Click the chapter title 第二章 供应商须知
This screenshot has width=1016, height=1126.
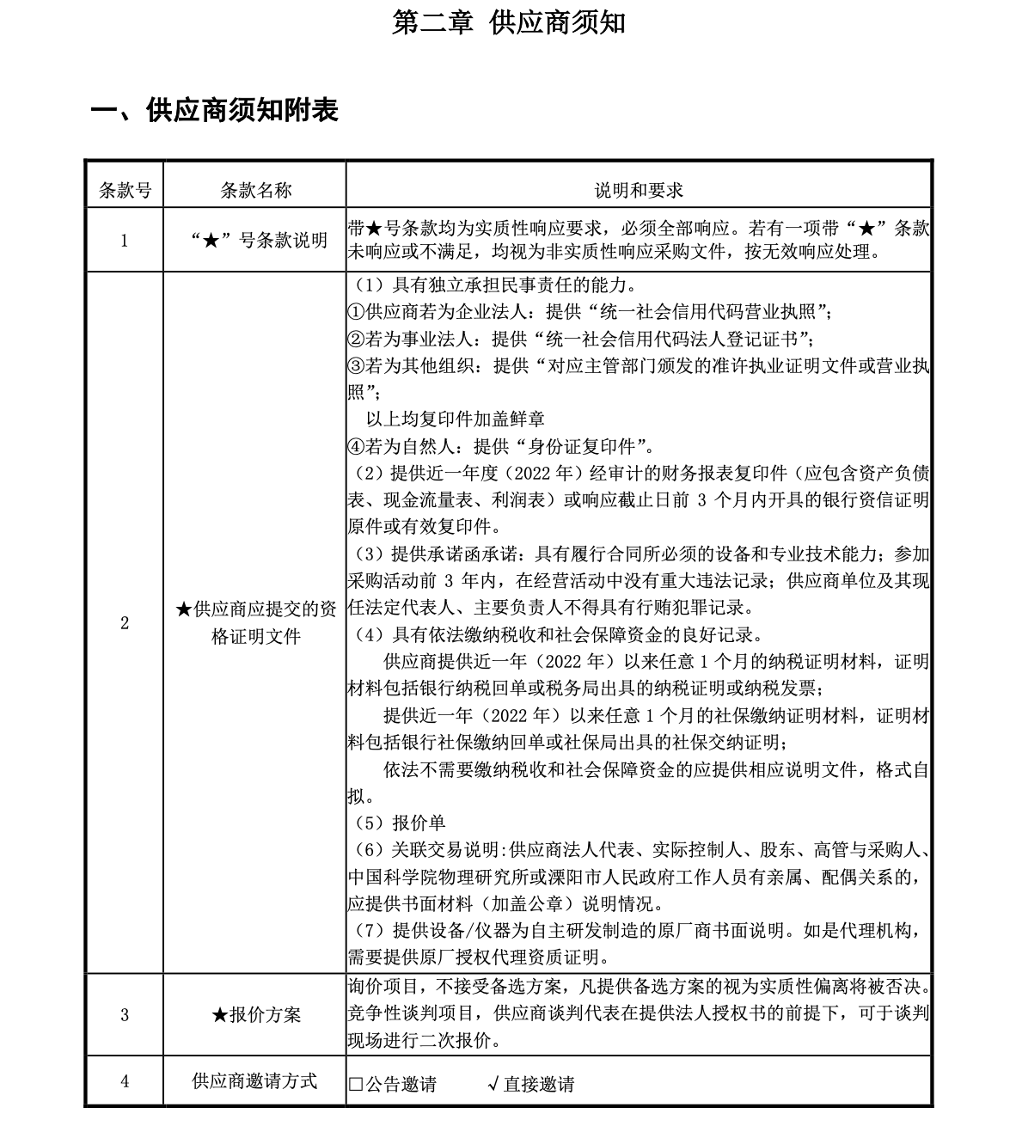tap(508, 22)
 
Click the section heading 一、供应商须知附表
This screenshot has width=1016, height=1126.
tap(215, 110)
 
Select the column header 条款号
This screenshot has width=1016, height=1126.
tap(125, 190)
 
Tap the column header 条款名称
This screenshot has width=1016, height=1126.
tap(255, 190)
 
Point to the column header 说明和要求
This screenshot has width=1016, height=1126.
tap(639, 190)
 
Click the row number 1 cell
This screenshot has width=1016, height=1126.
tap(125, 241)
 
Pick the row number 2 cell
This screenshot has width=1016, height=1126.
tap(125, 623)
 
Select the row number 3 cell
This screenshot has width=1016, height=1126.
tap(125, 1015)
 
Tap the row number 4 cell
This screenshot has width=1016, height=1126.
tap(125, 1081)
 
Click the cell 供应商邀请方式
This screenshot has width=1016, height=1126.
tap(255, 1081)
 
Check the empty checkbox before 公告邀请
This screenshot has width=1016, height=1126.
tap(356, 1085)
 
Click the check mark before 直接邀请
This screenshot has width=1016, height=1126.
tap(493, 1084)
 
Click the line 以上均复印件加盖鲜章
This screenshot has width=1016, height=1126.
tap(455, 419)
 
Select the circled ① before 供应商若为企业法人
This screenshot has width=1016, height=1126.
tap(357, 310)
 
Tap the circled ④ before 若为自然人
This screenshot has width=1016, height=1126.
tap(357, 446)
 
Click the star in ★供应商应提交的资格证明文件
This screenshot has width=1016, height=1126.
tap(183, 610)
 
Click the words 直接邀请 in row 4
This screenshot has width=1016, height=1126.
tap(539, 1085)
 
